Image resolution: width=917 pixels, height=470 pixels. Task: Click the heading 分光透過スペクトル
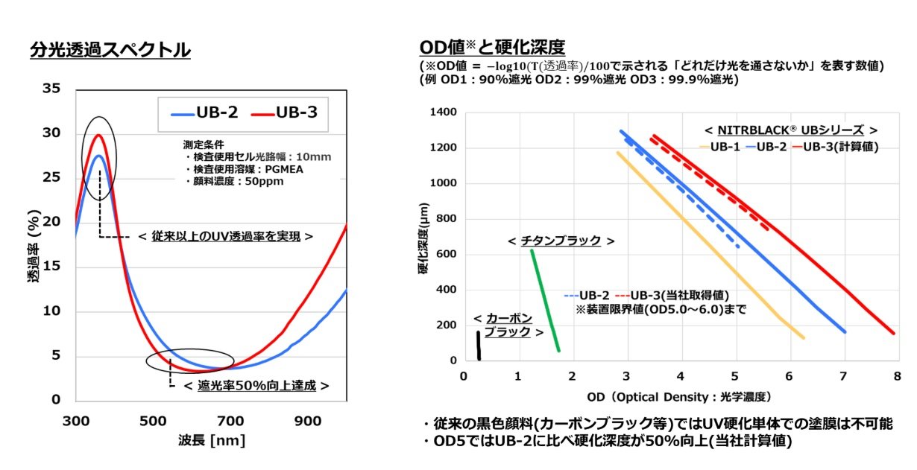pos(110,50)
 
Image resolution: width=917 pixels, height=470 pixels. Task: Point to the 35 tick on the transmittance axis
pos(51,89)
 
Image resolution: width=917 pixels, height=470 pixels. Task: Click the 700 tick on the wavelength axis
pos(231,421)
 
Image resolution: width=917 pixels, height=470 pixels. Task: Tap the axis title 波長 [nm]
pos(211,440)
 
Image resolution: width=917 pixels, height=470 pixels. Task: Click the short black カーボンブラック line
pos(478,346)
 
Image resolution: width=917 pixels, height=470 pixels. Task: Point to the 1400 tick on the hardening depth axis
pos(443,112)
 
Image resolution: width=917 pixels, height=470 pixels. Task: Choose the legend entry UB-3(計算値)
pos(836,147)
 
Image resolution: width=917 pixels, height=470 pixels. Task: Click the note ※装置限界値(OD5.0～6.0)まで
pos(661,308)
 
